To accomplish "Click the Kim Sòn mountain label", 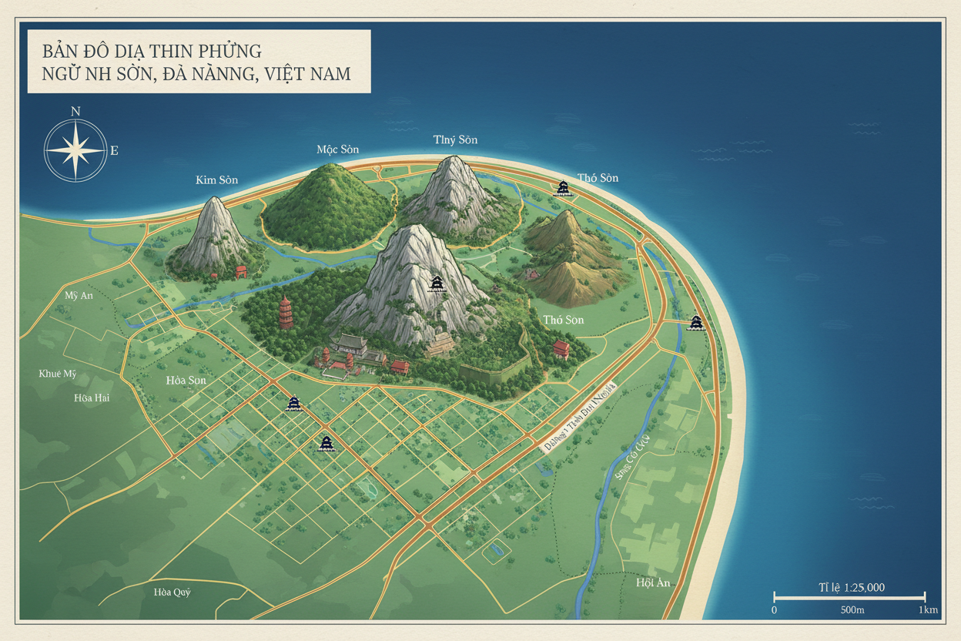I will [216, 180].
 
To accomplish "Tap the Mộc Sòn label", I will [337, 149].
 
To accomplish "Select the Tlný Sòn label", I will [455, 139].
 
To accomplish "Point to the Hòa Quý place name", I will [171, 592].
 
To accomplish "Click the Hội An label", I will [653, 582].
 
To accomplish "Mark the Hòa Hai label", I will [92, 398].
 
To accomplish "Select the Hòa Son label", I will [186, 381].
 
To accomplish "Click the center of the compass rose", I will [75, 149].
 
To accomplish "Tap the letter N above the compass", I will [75, 111].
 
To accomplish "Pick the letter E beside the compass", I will [114, 150].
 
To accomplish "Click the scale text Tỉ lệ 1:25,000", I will [852, 587].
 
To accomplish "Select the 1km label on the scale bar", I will [928, 610].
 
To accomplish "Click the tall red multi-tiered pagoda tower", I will [286, 313].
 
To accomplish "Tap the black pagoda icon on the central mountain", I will [437, 284].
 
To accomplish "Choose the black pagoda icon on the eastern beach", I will [696, 322].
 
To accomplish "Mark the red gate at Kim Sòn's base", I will [240, 271].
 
